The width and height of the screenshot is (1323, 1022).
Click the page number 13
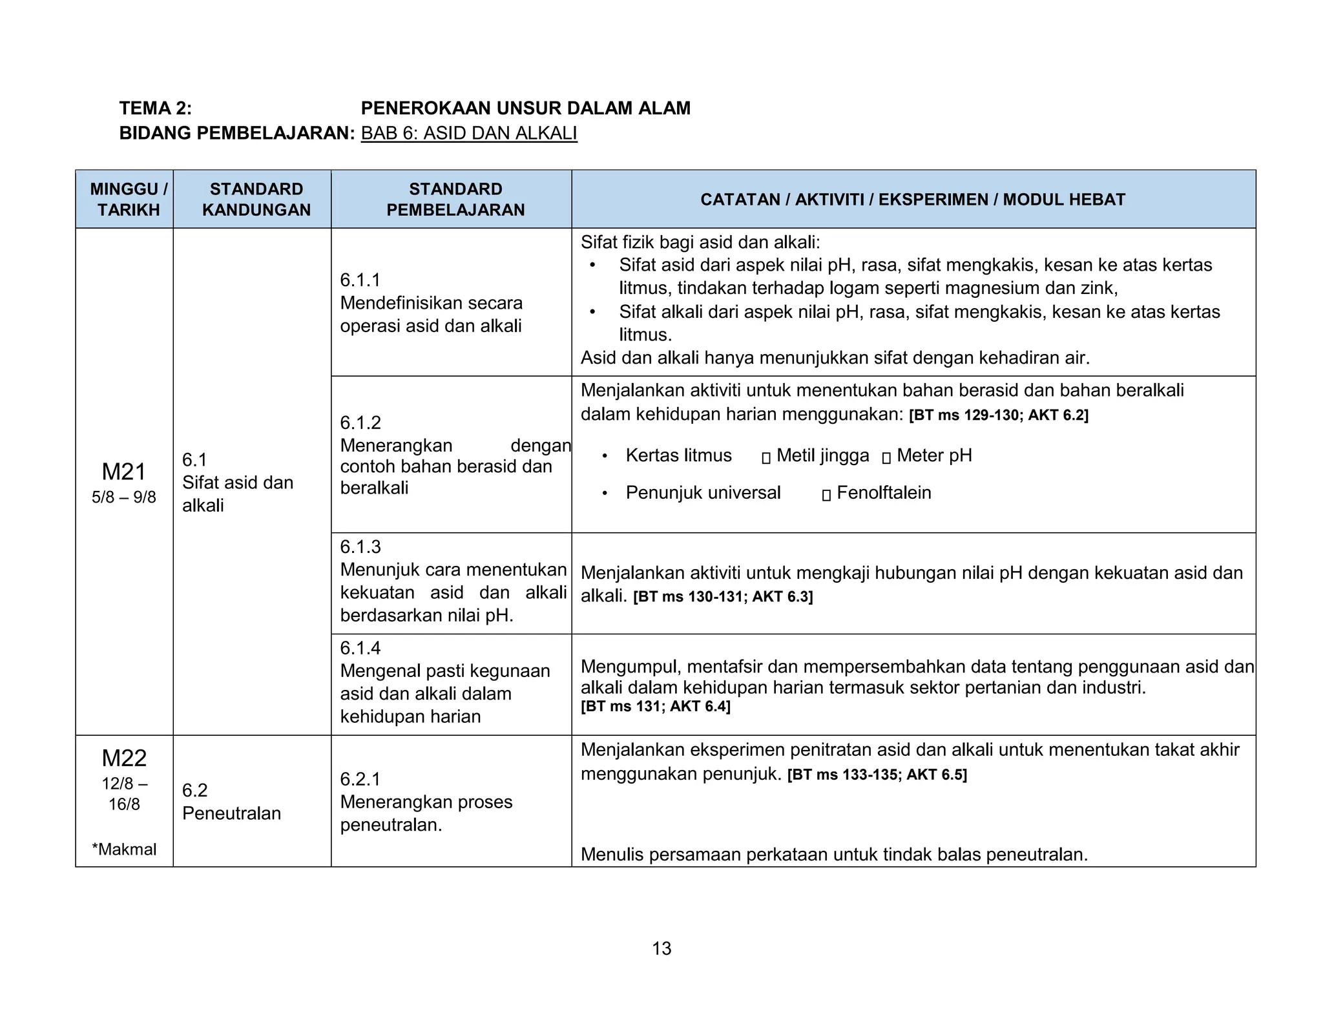(x=661, y=948)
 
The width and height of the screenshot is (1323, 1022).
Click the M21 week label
(x=124, y=472)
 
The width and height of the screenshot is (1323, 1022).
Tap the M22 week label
(x=124, y=758)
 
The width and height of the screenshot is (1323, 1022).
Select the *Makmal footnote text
(x=124, y=849)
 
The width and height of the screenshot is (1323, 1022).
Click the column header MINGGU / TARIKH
(x=128, y=199)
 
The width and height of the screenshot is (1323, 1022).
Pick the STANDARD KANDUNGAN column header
(x=256, y=199)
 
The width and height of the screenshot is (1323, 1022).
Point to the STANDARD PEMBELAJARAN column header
(x=455, y=199)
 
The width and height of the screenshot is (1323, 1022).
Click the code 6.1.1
(x=360, y=280)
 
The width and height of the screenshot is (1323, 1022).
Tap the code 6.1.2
(x=360, y=422)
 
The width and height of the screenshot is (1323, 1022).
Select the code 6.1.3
(x=360, y=547)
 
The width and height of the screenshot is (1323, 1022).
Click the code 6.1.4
(x=360, y=647)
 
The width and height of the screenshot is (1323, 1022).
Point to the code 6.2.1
(x=360, y=778)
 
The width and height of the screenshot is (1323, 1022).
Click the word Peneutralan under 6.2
(x=231, y=813)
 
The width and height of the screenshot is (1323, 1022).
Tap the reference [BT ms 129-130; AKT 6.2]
(x=998, y=415)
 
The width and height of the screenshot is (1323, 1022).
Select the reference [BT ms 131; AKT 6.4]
(x=655, y=706)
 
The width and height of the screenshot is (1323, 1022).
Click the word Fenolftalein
(x=883, y=492)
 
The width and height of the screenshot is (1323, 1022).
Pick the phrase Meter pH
(x=933, y=455)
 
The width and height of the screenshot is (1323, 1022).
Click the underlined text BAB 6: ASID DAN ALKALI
(x=469, y=133)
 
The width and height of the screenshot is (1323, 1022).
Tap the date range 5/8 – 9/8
(x=124, y=497)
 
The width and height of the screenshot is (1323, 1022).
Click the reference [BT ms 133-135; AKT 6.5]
(x=877, y=775)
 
